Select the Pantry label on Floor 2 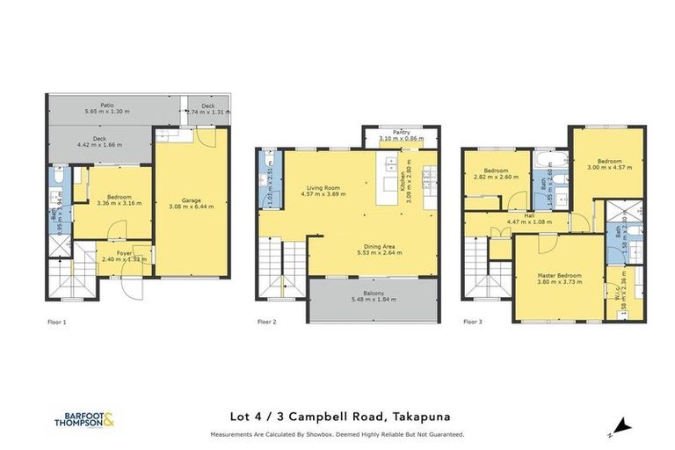tap(401, 132)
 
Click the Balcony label tap(374, 294)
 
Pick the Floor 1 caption tap(57, 323)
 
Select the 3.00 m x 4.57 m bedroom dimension tap(609, 168)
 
